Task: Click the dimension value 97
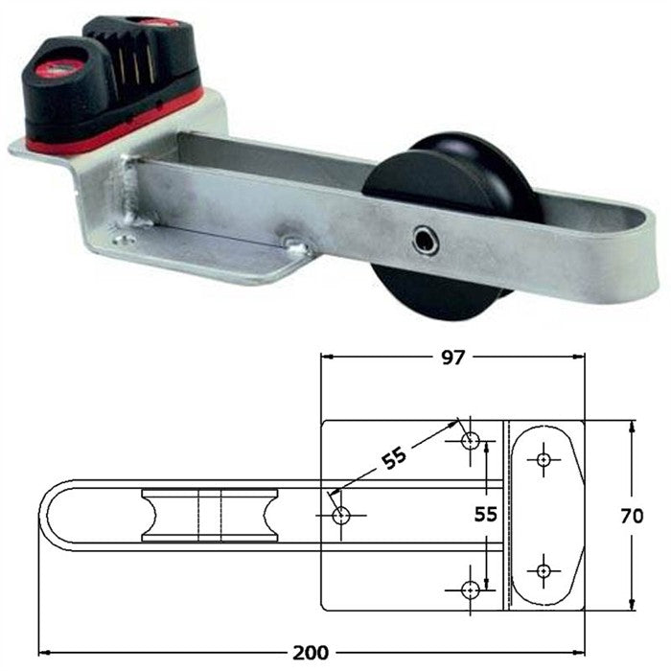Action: click(x=453, y=358)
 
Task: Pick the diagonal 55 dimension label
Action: click(x=392, y=458)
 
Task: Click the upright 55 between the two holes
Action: click(x=487, y=514)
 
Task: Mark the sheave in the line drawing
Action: click(x=209, y=515)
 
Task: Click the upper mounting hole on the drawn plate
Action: click(x=471, y=441)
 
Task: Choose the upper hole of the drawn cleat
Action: click(x=544, y=460)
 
